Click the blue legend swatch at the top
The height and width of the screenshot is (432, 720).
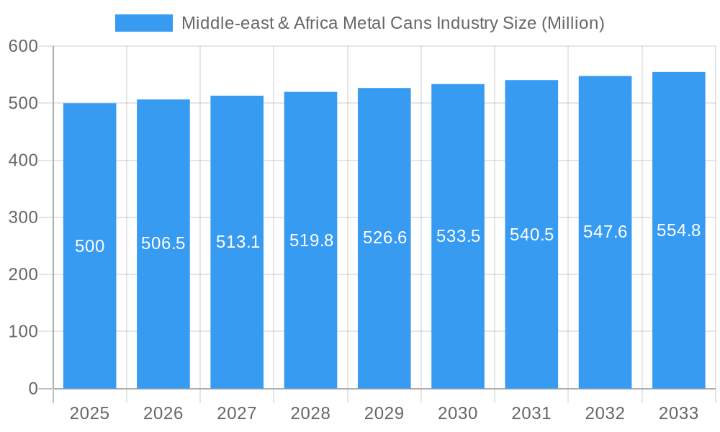tap(144, 23)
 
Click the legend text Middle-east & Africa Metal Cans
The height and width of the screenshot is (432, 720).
tap(392, 23)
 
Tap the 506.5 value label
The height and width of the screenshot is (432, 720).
tap(163, 243)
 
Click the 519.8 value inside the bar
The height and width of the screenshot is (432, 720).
tap(311, 240)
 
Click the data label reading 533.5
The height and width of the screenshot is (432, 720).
tap(458, 236)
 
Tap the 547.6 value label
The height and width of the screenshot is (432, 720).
tap(605, 232)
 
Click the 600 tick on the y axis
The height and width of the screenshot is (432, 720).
tap(23, 46)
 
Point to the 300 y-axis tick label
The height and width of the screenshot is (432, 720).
tap(23, 217)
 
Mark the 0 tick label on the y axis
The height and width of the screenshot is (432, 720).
tap(33, 389)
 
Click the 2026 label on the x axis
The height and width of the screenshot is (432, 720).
tap(163, 413)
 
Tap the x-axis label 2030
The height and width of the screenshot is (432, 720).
tap(458, 413)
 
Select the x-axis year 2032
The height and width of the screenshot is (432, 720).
tap(605, 413)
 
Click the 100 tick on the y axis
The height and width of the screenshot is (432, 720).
tap(23, 332)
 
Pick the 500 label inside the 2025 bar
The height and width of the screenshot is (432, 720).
tap(90, 246)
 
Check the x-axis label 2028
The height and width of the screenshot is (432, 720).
tap(311, 413)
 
